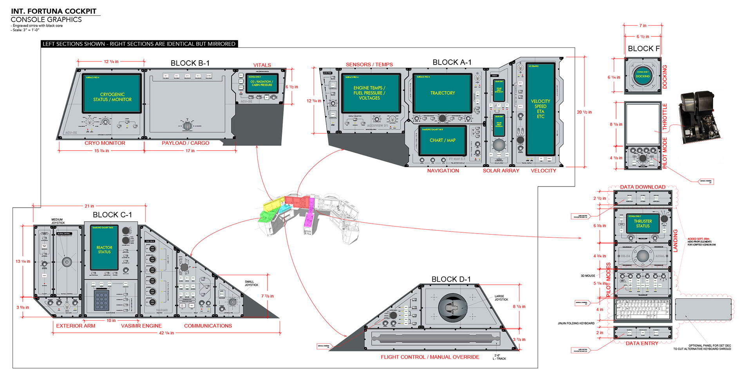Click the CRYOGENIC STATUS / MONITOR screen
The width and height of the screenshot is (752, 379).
coord(112,94)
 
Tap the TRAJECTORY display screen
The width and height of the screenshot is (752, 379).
coord(442,93)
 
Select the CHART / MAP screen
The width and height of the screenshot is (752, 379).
coord(442,140)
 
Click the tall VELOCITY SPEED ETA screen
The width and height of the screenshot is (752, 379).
coord(540,109)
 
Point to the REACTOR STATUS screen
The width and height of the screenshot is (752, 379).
coord(104,248)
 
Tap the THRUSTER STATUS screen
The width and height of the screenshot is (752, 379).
coord(642,223)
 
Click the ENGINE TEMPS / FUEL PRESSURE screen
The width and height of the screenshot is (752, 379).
coord(369,93)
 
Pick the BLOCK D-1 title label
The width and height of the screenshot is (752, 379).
coord(451,279)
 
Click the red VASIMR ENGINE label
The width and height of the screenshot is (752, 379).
coord(141,326)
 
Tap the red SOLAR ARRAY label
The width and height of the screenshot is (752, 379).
coord(501,171)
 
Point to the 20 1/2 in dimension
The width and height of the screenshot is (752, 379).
coord(584,112)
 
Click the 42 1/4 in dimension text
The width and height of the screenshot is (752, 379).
coord(166,333)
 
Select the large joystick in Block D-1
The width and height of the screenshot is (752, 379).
coord(454,308)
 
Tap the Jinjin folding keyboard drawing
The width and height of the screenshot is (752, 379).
coord(642,310)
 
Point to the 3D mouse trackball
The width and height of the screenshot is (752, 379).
coord(642,256)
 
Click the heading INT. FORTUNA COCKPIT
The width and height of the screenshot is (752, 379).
coord(54,11)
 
